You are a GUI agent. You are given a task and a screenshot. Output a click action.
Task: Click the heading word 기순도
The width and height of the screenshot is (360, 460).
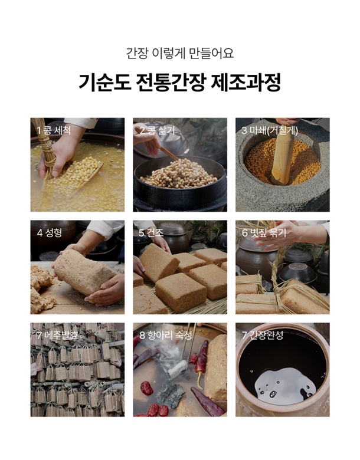point(104,83)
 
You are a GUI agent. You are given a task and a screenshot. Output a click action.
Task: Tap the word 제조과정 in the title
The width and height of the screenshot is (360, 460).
point(246,83)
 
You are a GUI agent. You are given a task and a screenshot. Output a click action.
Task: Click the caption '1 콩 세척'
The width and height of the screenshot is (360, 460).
point(54,130)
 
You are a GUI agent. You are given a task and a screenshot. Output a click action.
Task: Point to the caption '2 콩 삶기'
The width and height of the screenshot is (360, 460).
point(157,130)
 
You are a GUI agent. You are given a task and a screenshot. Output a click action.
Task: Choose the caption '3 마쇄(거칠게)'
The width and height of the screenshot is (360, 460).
point(270,130)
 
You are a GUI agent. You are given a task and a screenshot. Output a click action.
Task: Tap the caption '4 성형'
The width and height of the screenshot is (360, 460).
point(50,233)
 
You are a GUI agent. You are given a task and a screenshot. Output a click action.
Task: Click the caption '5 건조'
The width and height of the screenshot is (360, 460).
point(151,233)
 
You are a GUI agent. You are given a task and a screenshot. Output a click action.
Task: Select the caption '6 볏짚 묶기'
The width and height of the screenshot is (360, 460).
point(264,233)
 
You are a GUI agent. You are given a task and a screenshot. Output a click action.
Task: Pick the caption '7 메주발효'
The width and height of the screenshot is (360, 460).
point(58,336)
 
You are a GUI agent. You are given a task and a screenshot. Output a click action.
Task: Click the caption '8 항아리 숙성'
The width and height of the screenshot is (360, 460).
point(166,336)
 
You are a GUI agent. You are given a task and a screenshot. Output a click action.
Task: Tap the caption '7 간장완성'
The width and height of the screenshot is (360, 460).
point(263,336)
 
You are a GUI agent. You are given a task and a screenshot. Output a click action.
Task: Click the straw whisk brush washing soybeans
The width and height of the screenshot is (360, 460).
point(45,147)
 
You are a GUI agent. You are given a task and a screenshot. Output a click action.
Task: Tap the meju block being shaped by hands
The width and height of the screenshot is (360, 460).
point(84,272)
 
